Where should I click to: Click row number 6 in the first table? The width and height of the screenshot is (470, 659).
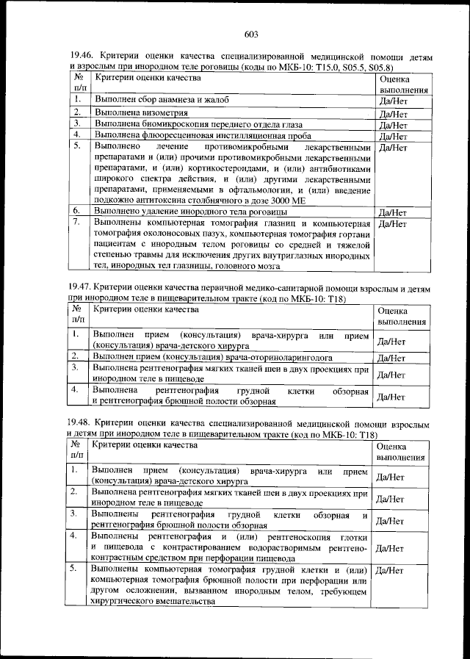76,211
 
